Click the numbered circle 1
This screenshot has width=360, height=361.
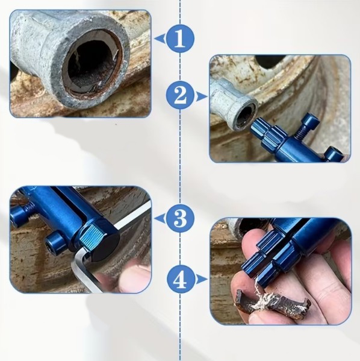click(180, 39)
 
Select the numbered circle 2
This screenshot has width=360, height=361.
click(181, 96)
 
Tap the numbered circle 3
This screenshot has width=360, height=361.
click(180, 218)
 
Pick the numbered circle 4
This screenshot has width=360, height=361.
click(181, 280)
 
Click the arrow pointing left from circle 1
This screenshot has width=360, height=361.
click(160, 39)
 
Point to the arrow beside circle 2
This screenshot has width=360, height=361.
click(201, 96)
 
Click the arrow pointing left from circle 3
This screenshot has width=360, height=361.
click(160, 218)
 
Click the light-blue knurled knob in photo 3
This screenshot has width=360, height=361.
click(93, 236)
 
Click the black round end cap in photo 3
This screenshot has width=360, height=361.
click(108, 245)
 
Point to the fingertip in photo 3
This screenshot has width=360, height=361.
click(132, 276)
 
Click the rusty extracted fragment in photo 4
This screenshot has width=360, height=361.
click(273, 303)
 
